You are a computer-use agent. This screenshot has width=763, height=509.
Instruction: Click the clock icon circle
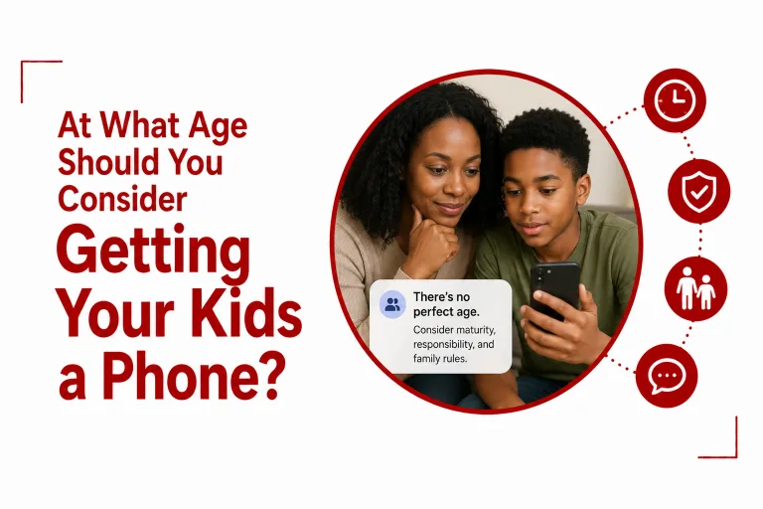click(675, 100)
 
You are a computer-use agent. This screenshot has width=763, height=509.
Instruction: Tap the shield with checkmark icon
click(698, 191)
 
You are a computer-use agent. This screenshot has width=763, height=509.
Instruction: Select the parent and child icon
click(695, 289)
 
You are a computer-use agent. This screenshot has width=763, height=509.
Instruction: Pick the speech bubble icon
click(667, 376)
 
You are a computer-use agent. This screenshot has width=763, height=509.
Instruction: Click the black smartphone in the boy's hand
click(554, 292)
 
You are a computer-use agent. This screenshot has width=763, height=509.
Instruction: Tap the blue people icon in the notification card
click(392, 305)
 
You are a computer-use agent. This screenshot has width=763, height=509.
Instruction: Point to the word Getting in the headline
click(154, 254)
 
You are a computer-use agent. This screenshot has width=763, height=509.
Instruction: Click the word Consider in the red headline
click(122, 199)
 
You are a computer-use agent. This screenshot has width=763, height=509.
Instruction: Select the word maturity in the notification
click(475, 330)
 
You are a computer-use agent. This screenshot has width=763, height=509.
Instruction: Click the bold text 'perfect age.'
click(446, 312)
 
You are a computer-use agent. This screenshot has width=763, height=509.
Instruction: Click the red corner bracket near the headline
click(22, 62)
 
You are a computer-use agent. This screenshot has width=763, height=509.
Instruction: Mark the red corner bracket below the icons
click(736, 456)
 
